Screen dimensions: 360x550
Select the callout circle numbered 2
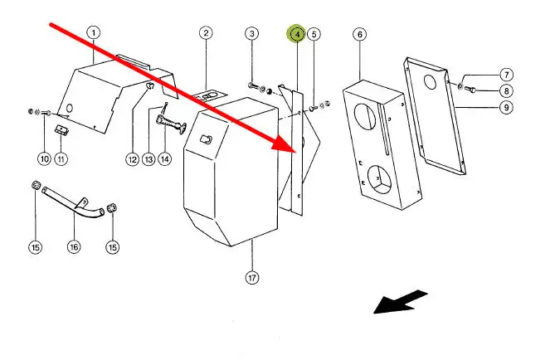206,33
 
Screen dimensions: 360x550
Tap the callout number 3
252,33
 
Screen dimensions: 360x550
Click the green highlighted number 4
296,34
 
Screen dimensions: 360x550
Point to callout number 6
359,34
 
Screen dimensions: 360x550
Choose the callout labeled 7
506,75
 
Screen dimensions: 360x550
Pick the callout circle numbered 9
506,106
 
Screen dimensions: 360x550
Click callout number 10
45,158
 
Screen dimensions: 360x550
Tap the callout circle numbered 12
132,158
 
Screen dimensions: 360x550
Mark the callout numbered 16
74,247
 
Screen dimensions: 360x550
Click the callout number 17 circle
252,278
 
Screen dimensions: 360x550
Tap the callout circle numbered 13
149,158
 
